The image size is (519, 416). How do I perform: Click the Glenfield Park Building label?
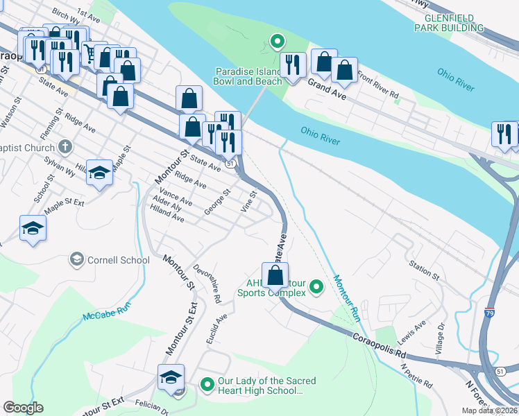(448, 22)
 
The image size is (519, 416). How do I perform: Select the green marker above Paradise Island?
(277, 42)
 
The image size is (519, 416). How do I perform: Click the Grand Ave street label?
(327, 87)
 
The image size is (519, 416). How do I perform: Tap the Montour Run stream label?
(348, 299)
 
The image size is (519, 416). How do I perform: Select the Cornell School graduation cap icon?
(77, 260)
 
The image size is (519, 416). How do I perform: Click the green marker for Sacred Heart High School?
(207, 383)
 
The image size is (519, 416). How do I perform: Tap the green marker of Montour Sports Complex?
(316, 286)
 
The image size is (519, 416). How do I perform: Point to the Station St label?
(425, 271)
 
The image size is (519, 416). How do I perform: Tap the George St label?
(217, 200)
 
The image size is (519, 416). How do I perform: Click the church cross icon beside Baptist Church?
(65, 147)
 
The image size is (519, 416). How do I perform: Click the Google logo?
(23, 408)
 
